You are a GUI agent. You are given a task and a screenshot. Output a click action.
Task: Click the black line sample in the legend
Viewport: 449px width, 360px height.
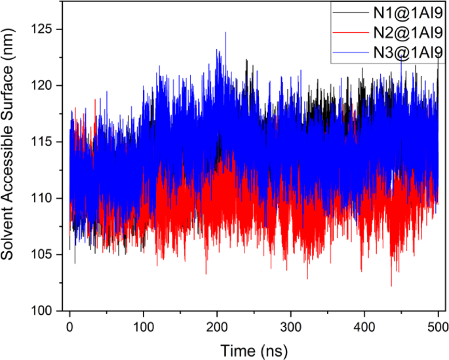(347, 11)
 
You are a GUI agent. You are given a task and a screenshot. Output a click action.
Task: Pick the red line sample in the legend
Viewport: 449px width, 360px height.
(347, 31)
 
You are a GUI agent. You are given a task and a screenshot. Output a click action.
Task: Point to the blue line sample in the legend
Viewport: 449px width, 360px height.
(347, 52)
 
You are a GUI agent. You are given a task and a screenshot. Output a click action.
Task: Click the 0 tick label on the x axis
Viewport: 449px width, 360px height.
(69, 326)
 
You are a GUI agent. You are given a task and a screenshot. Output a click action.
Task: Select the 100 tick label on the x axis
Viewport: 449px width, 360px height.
(143, 326)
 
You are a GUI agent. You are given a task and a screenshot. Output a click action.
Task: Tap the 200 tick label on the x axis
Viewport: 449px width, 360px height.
(217, 326)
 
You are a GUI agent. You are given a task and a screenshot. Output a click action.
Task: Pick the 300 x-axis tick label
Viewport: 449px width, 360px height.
(290, 326)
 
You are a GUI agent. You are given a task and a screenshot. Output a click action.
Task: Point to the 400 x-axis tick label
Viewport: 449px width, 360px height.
(364, 326)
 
